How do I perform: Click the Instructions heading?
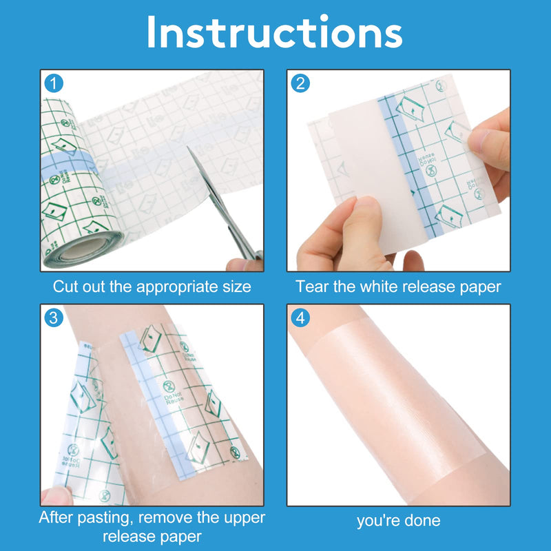pyautogui.click(x=274, y=32)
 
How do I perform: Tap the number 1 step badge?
pyautogui.click(x=54, y=83)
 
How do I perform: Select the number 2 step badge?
pyautogui.click(x=300, y=83)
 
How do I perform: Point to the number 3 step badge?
pyautogui.click(x=54, y=318)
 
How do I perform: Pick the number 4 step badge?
pyautogui.click(x=300, y=318)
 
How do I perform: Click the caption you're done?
pyautogui.click(x=399, y=521)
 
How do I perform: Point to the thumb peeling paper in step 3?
pyautogui.click(x=56, y=496)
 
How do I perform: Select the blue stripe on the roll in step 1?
pyautogui.click(x=67, y=165)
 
